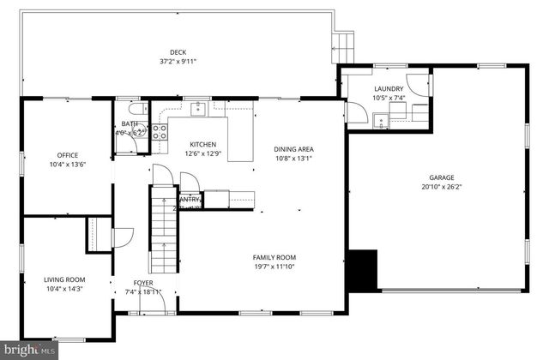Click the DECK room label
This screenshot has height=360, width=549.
tap(178, 52)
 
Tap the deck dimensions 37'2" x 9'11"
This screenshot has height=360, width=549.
tap(178, 62)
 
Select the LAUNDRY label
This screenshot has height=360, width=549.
tap(389, 89)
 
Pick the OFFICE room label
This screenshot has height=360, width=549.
tap(67, 155)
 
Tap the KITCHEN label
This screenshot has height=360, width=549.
tap(203, 144)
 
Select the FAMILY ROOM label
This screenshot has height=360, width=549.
tap(274, 257)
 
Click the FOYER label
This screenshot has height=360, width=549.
tap(143, 283)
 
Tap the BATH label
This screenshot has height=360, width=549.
tap(129, 124)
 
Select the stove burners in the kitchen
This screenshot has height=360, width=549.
tap(159, 131)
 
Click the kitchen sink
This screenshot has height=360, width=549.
tap(198, 109)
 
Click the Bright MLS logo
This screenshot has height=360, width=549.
tap(28, 350)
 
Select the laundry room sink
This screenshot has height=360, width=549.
tap(378, 117)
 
